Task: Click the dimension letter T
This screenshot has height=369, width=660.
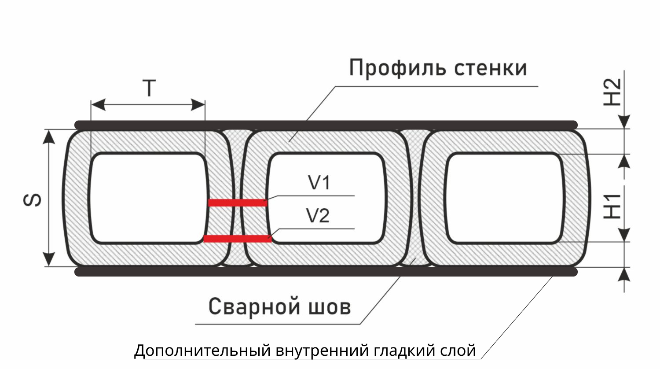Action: (x=150, y=89)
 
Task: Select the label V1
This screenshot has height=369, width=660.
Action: (x=319, y=182)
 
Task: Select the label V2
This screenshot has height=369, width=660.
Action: (x=318, y=216)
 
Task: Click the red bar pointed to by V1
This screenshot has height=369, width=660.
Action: (x=238, y=203)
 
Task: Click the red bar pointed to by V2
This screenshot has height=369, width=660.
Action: (x=238, y=239)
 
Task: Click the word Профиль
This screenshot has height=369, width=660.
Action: (x=398, y=69)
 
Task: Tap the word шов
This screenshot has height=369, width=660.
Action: (x=330, y=307)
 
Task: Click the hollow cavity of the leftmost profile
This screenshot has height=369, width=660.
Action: (x=149, y=198)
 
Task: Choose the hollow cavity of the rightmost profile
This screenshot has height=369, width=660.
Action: (x=505, y=198)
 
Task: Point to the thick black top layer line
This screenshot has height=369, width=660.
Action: (x=326, y=125)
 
